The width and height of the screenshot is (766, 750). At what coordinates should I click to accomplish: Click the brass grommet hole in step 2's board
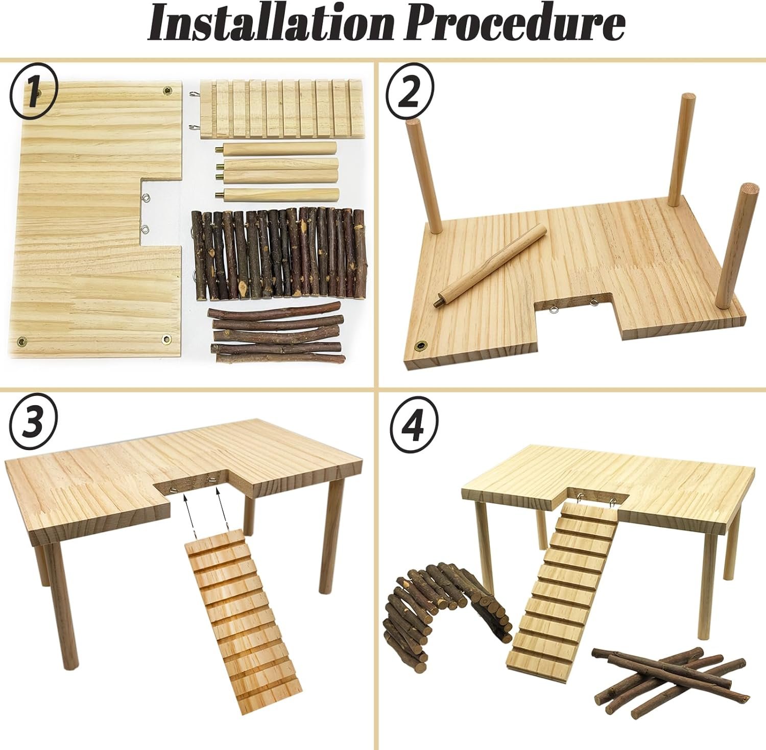421,346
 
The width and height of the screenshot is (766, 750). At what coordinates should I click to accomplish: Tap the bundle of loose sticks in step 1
276,332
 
